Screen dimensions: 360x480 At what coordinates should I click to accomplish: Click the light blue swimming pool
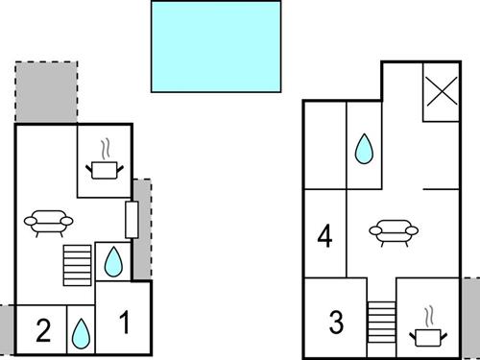pos(216,45)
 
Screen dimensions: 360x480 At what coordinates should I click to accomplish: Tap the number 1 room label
pos(124,324)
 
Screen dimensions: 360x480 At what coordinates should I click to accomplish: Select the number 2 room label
pos(42,331)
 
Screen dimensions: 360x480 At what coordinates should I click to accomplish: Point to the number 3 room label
pos(336,323)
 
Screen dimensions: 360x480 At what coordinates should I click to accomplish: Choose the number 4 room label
pos(325,236)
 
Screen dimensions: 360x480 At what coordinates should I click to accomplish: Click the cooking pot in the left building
pos(105,169)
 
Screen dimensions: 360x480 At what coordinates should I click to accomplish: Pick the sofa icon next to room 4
pos(394,231)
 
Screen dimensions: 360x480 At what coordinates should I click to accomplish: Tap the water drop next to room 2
pos(81,332)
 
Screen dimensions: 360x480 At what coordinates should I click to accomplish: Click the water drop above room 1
pos(113,261)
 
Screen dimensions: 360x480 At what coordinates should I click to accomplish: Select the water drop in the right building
pos(364,149)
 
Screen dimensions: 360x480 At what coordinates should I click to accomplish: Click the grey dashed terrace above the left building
pos(45,92)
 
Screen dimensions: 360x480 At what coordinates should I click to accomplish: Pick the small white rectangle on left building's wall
pos(132,220)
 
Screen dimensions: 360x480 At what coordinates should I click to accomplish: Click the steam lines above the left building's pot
pos(108,150)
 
